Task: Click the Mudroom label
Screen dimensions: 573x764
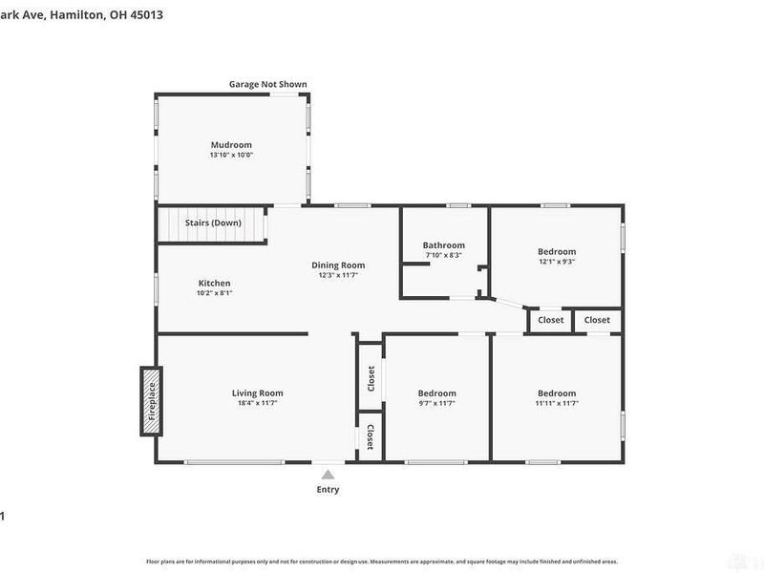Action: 231,145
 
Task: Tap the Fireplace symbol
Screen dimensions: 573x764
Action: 150,402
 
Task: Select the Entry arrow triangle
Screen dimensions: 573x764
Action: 328,474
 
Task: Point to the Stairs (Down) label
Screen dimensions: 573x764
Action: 213,223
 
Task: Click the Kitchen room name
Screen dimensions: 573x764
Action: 214,283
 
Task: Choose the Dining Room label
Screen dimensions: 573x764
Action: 338,265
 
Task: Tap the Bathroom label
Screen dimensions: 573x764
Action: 444,245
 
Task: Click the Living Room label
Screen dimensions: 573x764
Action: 258,393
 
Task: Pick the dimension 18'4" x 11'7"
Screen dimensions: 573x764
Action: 258,403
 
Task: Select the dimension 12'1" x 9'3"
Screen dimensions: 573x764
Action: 556,262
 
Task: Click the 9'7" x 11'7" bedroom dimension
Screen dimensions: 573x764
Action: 436,403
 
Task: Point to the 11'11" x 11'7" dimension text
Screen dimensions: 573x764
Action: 556,403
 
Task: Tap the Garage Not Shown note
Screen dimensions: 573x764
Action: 267,84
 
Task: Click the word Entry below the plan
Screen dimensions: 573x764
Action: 328,490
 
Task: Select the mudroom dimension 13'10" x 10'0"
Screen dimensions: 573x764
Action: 231,155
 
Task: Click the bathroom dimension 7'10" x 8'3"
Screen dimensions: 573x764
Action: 444,255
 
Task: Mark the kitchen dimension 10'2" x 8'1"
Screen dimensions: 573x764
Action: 214,293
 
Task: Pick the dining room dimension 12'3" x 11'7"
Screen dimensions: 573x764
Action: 338,275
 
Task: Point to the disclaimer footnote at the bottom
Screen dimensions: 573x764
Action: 382,562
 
